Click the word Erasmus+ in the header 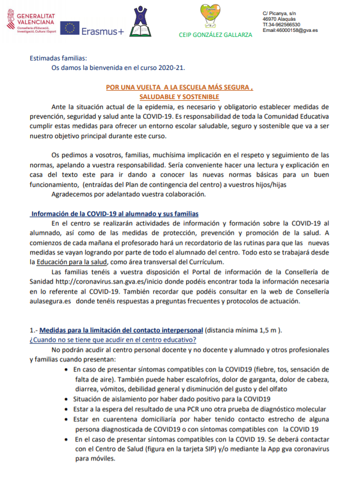pos(102,31)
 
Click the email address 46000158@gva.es pos(290,30)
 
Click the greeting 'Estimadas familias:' pos(59,58)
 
